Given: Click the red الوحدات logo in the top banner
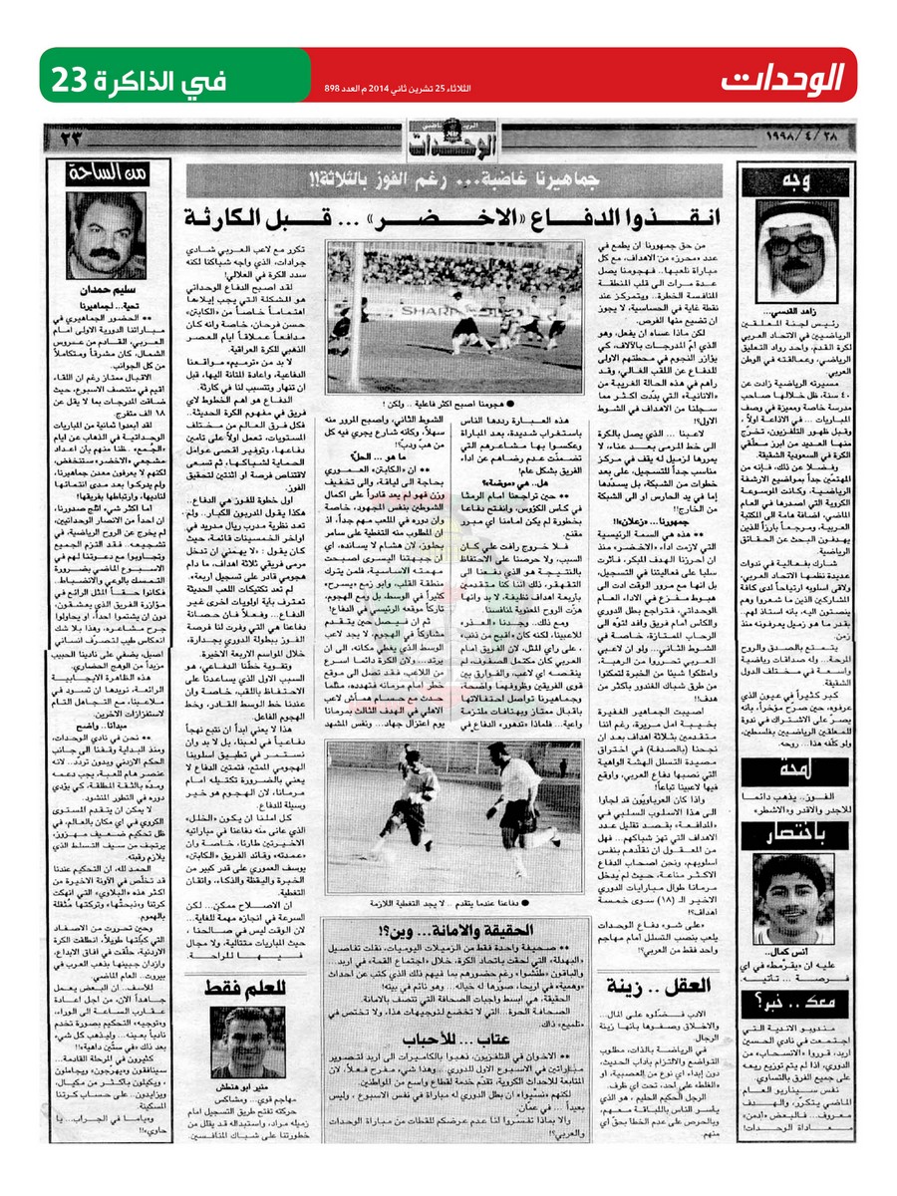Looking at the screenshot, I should pos(783,76).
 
